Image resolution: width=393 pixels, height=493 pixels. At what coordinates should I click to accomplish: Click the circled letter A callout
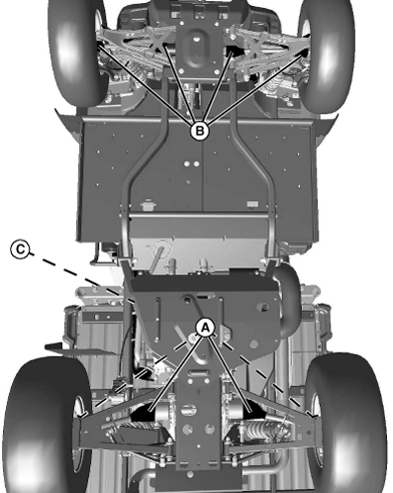coord(205,327)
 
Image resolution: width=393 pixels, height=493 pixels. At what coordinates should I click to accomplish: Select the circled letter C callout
coord(17,248)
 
